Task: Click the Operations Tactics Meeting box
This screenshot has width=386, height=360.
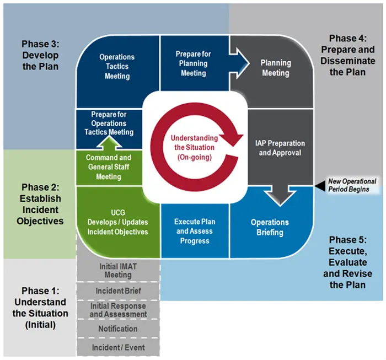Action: (x=117, y=66)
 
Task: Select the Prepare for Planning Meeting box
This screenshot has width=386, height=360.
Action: (x=193, y=63)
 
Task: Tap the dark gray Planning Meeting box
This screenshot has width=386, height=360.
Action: (x=275, y=68)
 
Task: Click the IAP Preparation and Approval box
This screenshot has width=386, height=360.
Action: (x=280, y=148)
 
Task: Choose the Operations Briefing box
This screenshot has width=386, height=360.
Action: (x=270, y=227)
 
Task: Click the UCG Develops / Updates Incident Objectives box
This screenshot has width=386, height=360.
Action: (x=117, y=222)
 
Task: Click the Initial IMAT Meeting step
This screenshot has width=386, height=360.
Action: (x=118, y=271)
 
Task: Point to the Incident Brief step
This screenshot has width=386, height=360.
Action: (x=118, y=291)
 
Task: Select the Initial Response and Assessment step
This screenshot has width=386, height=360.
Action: (x=118, y=310)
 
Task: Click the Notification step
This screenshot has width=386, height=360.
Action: (x=118, y=329)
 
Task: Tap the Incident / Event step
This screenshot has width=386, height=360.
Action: (x=118, y=347)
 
